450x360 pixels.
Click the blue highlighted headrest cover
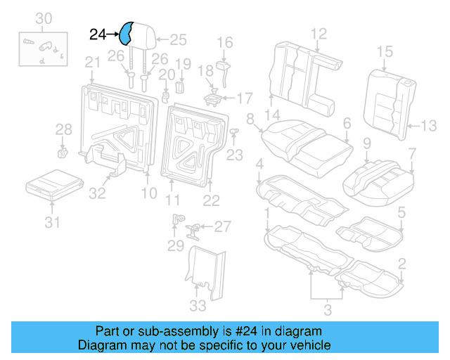click(x=128, y=33)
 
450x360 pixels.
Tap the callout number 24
click(x=98, y=33)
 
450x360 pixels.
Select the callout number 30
click(x=44, y=18)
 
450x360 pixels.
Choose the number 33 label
click(x=198, y=305)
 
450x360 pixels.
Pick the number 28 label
click(x=64, y=129)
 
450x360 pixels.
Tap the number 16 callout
click(x=224, y=43)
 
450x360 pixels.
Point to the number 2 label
click(x=401, y=264)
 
